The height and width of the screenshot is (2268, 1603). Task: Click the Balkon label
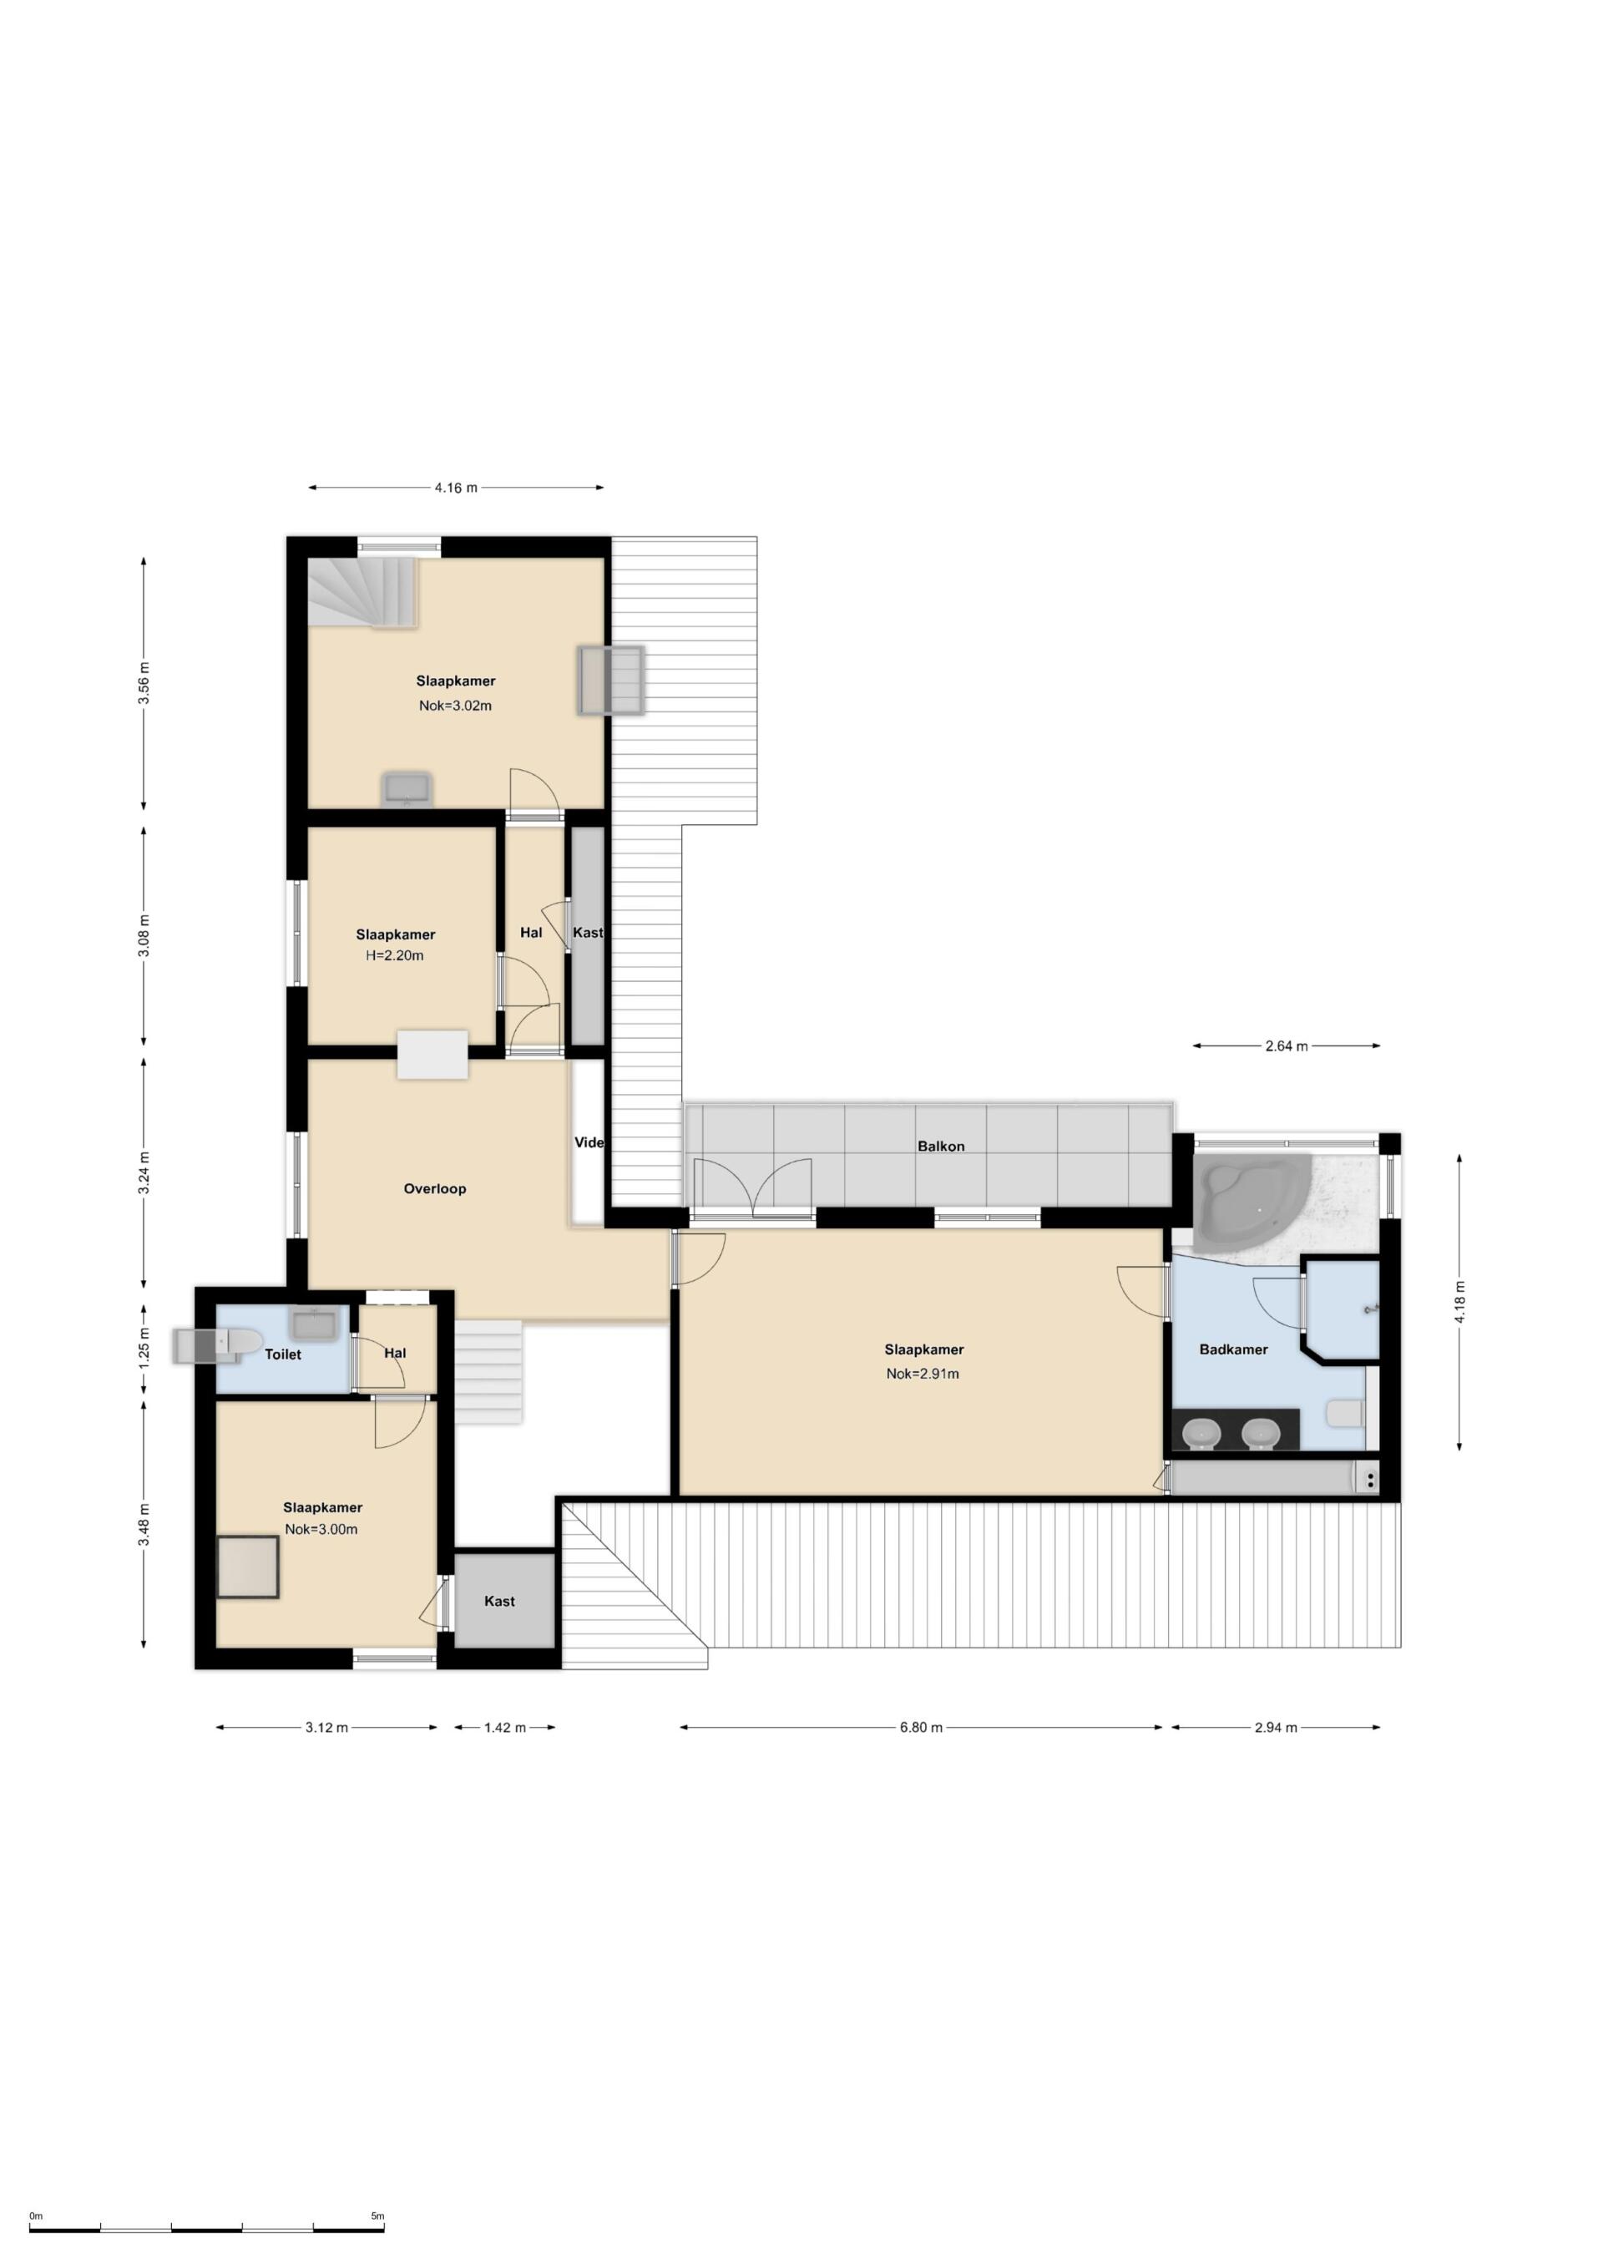click(x=940, y=1146)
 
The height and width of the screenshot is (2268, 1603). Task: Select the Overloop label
click(x=435, y=1188)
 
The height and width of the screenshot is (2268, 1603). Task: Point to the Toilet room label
click(x=282, y=1354)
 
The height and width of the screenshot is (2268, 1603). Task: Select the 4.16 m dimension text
click(x=455, y=487)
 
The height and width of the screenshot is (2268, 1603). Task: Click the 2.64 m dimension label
click(x=1286, y=1046)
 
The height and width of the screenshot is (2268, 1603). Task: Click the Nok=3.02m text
click(x=455, y=706)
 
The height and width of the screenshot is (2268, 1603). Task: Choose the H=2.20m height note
click(x=395, y=955)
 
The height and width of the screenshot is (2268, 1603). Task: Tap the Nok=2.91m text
click(x=923, y=1373)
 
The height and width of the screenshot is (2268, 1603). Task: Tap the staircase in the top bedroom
click(x=363, y=592)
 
